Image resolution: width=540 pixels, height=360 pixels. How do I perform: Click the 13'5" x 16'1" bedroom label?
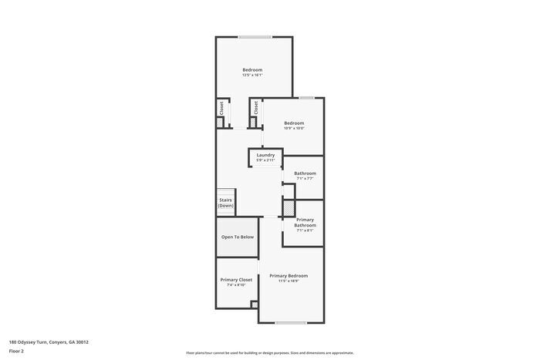pyautogui.click(x=253, y=72)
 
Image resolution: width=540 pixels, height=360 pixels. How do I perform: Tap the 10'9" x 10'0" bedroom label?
pyautogui.click(x=294, y=125)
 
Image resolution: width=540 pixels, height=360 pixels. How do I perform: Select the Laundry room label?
pyautogui.click(x=266, y=157)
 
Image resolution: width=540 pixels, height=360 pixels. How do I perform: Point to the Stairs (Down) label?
pyautogui.click(x=225, y=204)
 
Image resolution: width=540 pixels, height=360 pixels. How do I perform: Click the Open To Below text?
pyautogui.click(x=238, y=237)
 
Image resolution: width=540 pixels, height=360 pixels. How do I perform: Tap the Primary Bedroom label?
pyautogui.click(x=289, y=276)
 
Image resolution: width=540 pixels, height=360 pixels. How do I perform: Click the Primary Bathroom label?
pyautogui.click(x=305, y=223)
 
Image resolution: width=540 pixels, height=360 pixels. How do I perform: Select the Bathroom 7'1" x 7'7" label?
pyautogui.click(x=305, y=176)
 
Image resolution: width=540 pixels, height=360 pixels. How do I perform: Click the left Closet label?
pyautogui.click(x=221, y=108)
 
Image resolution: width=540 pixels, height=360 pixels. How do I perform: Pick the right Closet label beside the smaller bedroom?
pyautogui.click(x=256, y=108)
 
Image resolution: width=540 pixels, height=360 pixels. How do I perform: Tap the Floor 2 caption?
pyautogui.click(x=16, y=351)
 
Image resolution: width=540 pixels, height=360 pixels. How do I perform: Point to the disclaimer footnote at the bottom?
pyautogui.click(x=269, y=352)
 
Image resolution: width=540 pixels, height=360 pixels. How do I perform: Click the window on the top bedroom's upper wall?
pyautogui.click(x=254, y=37)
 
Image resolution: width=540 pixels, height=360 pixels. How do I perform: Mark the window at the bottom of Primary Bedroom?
pyautogui.click(x=292, y=322)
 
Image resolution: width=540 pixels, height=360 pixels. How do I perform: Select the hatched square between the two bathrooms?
pyautogui.click(x=289, y=208)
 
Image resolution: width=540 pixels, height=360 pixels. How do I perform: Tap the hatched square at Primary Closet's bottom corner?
pyautogui.click(x=255, y=304)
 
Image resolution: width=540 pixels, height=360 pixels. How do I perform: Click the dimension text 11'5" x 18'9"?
pyautogui.click(x=289, y=281)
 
